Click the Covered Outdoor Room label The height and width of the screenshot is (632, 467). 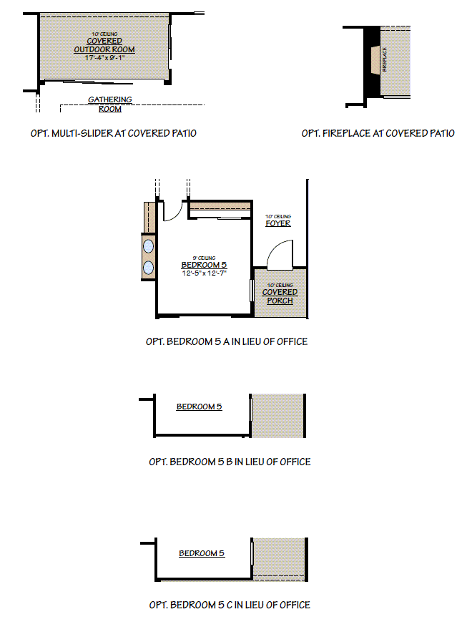click(104, 45)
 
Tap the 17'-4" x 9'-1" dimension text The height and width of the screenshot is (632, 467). click(105, 57)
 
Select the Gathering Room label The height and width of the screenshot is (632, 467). click(109, 104)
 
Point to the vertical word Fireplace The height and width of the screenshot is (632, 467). click(385, 60)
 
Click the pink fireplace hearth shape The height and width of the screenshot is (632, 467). click(374, 60)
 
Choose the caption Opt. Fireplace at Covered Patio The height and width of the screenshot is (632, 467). click(378, 133)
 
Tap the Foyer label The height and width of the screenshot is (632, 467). click(278, 223)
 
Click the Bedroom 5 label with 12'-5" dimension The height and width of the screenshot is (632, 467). click(204, 266)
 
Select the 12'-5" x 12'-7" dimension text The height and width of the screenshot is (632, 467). click(204, 273)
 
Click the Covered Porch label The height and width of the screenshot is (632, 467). click(280, 296)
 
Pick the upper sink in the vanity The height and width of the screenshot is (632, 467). click(149, 247)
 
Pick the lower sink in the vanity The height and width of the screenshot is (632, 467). click(149, 268)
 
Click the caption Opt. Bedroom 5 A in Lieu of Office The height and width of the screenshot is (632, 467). click(226, 341)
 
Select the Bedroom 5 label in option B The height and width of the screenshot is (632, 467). click(199, 407)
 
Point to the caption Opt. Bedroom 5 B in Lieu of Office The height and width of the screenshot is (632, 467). click(230, 462)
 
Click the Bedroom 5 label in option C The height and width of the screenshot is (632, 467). click(202, 553)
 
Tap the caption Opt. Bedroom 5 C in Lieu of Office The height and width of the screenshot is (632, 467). click(230, 605)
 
